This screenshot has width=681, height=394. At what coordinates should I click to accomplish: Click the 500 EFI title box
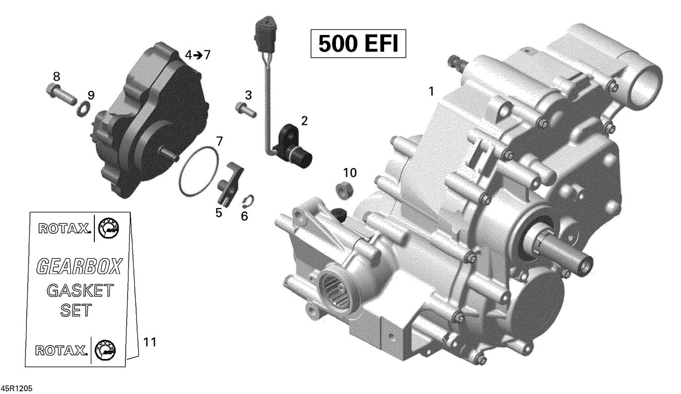click(x=358, y=44)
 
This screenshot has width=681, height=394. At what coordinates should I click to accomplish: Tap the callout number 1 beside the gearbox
click(x=431, y=91)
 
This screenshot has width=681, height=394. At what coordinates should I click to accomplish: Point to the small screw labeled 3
click(x=245, y=109)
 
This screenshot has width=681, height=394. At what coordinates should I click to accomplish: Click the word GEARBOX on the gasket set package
click(x=79, y=266)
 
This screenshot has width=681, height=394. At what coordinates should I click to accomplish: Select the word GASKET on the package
click(x=80, y=291)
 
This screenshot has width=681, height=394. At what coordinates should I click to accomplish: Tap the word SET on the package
click(x=76, y=310)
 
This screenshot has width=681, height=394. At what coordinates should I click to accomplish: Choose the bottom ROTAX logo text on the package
click(x=61, y=350)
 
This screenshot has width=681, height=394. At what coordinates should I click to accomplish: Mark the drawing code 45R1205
click(x=17, y=389)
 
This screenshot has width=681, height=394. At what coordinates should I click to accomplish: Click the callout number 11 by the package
click(x=149, y=342)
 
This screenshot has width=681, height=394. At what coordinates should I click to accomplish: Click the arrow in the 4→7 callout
click(x=198, y=55)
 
